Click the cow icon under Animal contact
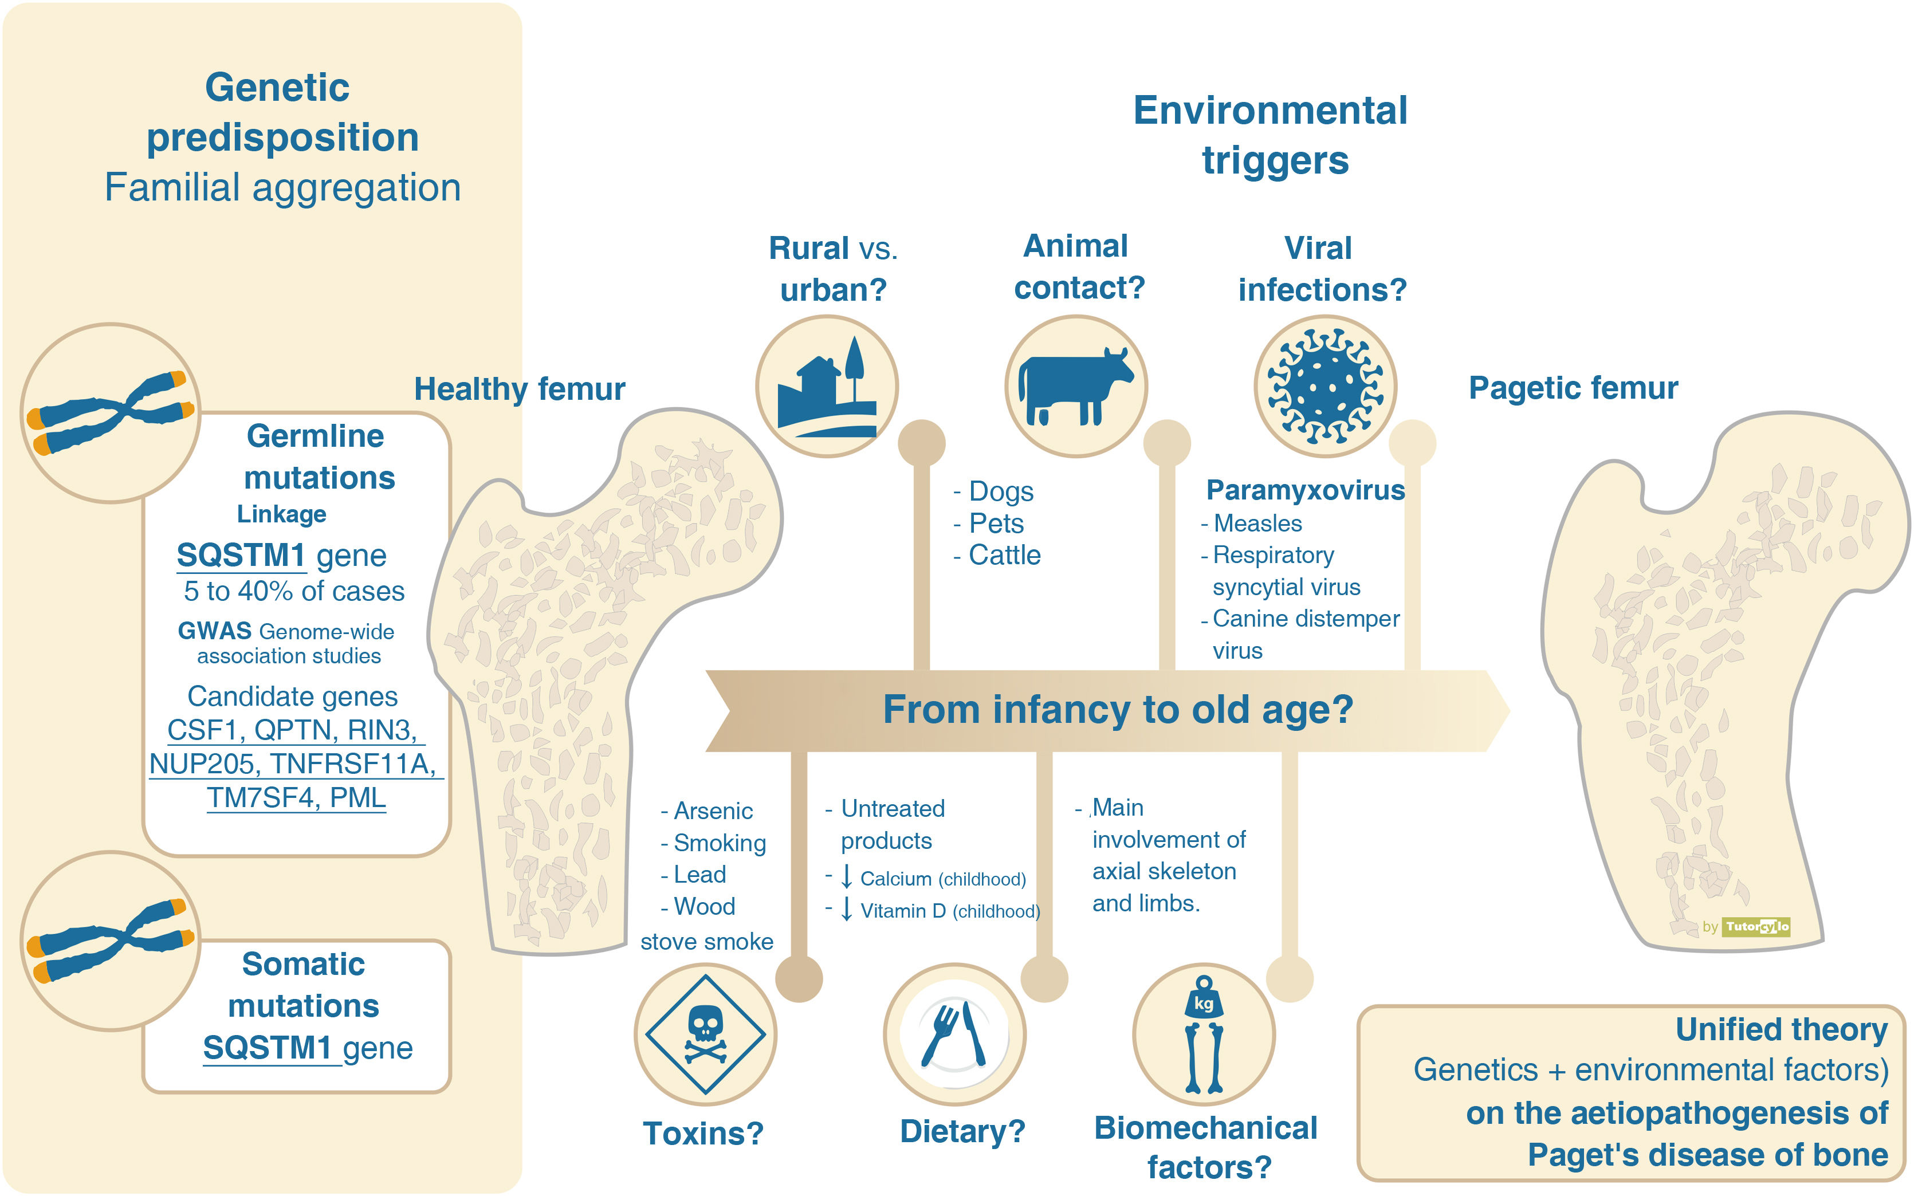coord(1076,386)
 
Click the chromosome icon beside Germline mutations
coord(110,412)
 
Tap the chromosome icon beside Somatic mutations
coord(110,941)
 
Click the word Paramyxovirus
coord(1305,490)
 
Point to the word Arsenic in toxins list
coord(713,811)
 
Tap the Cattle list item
coord(1004,555)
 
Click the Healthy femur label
coord(520,389)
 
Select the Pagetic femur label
coord(1573,388)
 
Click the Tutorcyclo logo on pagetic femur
coord(1756,926)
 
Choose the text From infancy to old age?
coord(1118,710)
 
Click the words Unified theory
coord(1781,1029)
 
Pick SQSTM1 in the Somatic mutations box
coord(268,1048)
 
